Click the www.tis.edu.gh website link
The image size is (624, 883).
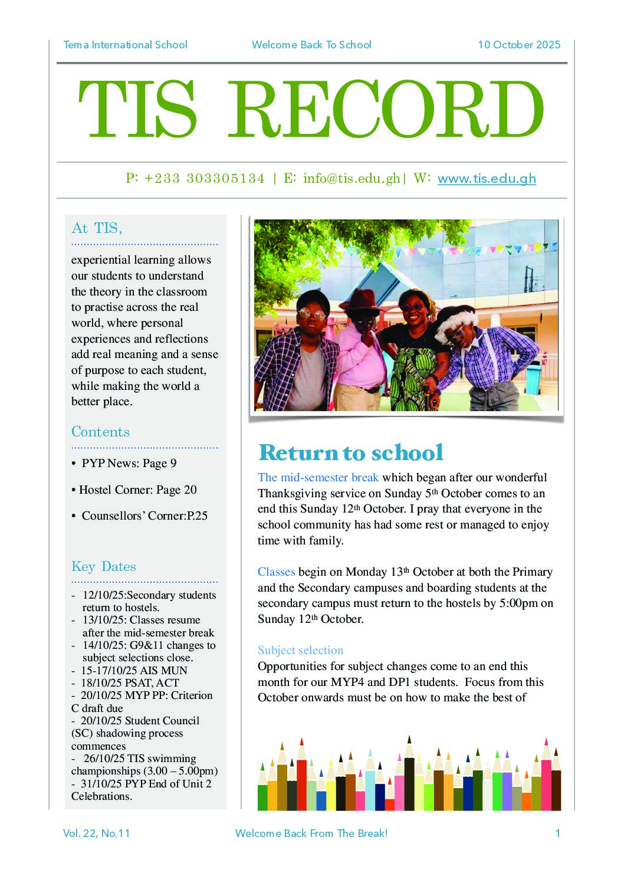pyautogui.click(x=487, y=179)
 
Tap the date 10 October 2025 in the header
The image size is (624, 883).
pyautogui.click(x=519, y=45)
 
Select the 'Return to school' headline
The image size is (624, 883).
pyautogui.click(x=351, y=452)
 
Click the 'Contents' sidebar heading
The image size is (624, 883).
pyautogui.click(x=100, y=432)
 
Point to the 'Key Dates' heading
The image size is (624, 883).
pyautogui.click(x=104, y=566)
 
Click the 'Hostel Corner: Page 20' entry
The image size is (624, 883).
pyautogui.click(x=138, y=490)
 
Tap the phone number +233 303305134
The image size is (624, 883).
pyautogui.click(x=204, y=179)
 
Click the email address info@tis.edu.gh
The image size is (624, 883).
pyautogui.click(x=352, y=179)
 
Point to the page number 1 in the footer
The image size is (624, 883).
pyautogui.click(x=557, y=833)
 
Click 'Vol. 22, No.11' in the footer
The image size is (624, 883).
pyautogui.click(x=96, y=833)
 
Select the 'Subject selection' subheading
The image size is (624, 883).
pyautogui.click(x=300, y=650)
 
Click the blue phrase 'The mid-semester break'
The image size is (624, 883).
pyautogui.click(x=318, y=477)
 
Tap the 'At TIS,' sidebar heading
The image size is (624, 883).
pyautogui.click(x=97, y=228)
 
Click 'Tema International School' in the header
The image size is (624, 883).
pyautogui.click(x=125, y=45)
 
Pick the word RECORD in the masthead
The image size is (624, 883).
pyautogui.click(x=386, y=110)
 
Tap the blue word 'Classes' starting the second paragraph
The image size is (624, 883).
pyautogui.click(x=276, y=572)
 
